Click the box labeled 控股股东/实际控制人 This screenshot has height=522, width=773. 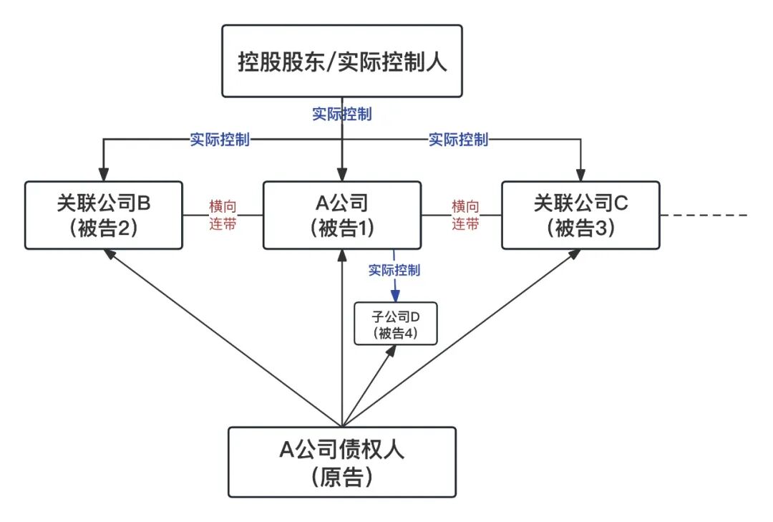point(341,61)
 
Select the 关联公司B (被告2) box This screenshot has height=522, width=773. point(103,216)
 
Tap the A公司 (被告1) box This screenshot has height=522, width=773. point(342,216)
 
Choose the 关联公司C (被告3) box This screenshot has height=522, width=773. point(580,216)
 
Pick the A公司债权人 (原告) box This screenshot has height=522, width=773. point(341,462)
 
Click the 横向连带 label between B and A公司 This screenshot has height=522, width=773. point(223,215)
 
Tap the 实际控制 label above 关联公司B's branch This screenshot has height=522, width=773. point(220,140)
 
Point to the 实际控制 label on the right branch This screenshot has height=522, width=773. point(458,140)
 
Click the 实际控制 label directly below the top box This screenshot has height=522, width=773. point(342,114)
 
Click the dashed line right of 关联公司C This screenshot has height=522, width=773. point(705,215)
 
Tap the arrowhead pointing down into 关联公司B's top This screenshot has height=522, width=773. point(103,175)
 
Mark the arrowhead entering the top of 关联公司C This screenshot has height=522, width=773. point(580,175)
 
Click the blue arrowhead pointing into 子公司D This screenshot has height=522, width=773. point(394,297)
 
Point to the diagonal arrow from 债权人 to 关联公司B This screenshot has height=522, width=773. point(222,337)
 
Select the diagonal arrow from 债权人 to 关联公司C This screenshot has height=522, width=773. point(462,337)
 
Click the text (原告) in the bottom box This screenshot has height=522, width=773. point(341,477)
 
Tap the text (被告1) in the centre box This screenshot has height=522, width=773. point(342,229)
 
